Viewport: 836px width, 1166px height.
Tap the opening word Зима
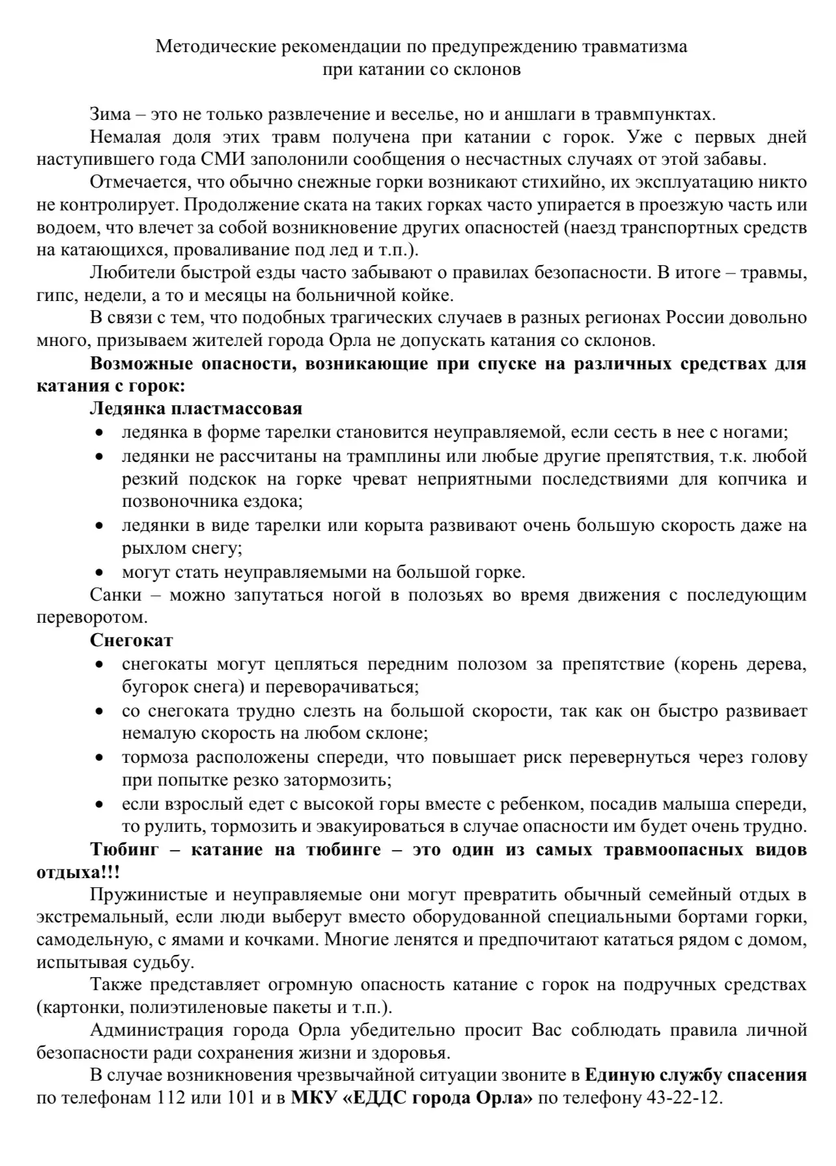(x=108, y=115)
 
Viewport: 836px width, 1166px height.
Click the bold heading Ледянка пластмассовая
(x=196, y=409)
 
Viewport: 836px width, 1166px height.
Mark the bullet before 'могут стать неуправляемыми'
(x=99, y=573)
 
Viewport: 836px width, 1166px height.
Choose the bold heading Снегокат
(x=132, y=640)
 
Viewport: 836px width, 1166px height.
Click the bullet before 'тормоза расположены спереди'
(x=99, y=758)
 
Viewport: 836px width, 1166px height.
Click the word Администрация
(x=165, y=1030)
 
